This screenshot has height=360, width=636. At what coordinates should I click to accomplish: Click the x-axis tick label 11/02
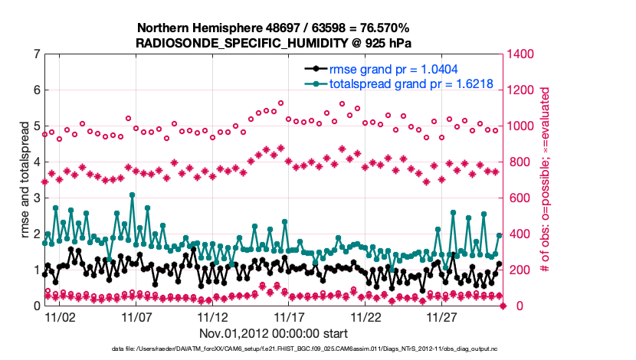tap(60, 317)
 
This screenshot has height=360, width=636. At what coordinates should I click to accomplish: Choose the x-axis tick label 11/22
tap(366, 317)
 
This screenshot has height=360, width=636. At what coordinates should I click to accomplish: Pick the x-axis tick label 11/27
tap(442, 317)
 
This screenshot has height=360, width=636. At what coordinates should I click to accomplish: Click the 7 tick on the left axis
tap(36, 54)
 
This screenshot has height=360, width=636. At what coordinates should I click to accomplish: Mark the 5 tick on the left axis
tap(36, 126)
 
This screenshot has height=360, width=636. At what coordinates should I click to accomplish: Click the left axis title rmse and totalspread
tap(24, 179)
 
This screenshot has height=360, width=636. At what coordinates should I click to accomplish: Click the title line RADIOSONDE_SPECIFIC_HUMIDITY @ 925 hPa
tap(274, 43)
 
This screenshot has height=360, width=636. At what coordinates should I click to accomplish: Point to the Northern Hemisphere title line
tap(274, 28)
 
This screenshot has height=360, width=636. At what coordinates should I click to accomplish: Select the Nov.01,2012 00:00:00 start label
tap(274, 333)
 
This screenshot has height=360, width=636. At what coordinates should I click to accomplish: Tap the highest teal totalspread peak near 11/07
tap(133, 195)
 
